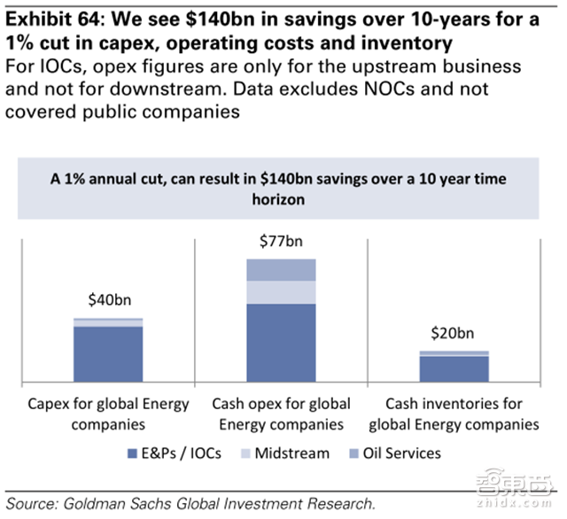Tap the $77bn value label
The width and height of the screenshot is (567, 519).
[281, 241]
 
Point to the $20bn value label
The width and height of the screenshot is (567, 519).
[454, 335]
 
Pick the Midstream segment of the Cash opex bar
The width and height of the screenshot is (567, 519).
[281, 292]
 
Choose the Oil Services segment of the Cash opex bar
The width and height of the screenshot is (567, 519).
[281, 270]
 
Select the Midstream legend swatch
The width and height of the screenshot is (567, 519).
[245, 454]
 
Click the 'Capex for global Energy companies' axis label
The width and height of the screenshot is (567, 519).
[108, 414]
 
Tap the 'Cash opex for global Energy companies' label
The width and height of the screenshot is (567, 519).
[281, 414]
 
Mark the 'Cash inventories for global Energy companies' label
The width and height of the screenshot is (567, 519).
[454, 414]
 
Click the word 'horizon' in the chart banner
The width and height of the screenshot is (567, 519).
[281, 200]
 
